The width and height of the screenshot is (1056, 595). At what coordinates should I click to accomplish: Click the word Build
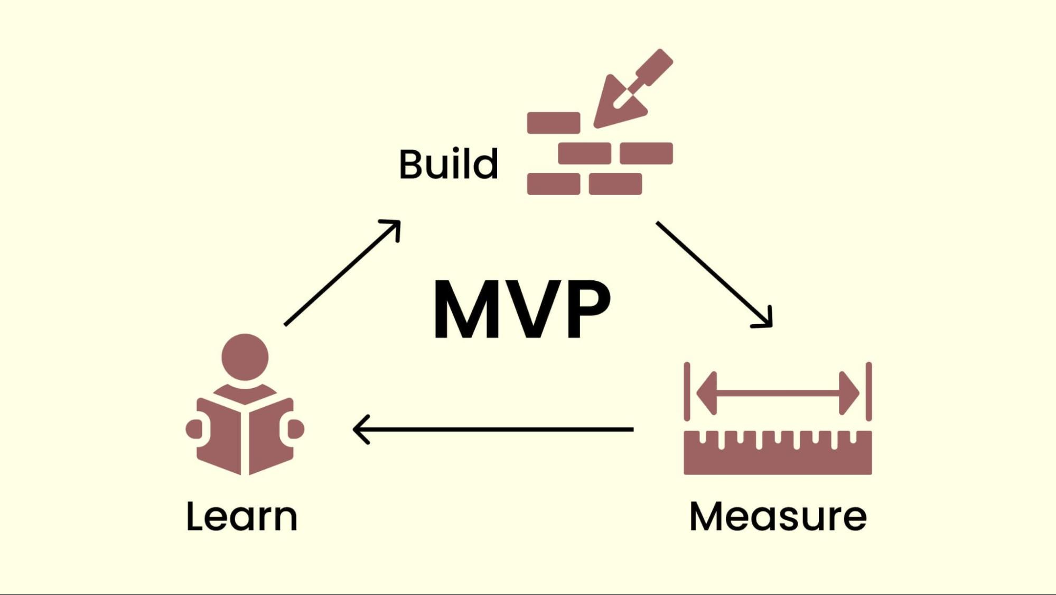[x=448, y=164]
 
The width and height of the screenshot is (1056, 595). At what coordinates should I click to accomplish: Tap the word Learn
[x=242, y=516]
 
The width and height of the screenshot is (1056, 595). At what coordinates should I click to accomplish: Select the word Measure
[x=778, y=516]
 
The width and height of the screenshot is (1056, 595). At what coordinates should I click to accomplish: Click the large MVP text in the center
[x=521, y=309]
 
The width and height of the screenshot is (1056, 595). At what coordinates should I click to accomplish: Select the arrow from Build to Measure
[x=713, y=273]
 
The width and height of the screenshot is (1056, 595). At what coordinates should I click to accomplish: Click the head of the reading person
[x=245, y=356]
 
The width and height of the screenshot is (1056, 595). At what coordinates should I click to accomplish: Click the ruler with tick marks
[x=778, y=453]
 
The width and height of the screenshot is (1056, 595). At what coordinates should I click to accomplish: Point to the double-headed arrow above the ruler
[x=778, y=393]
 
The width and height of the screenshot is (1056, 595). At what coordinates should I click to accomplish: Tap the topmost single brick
[x=553, y=123]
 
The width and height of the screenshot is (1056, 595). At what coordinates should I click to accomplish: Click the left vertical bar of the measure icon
[x=687, y=391]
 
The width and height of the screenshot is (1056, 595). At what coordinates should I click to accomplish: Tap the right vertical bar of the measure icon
[x=868, y=391]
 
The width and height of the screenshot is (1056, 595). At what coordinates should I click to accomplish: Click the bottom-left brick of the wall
[x=553, y=184]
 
